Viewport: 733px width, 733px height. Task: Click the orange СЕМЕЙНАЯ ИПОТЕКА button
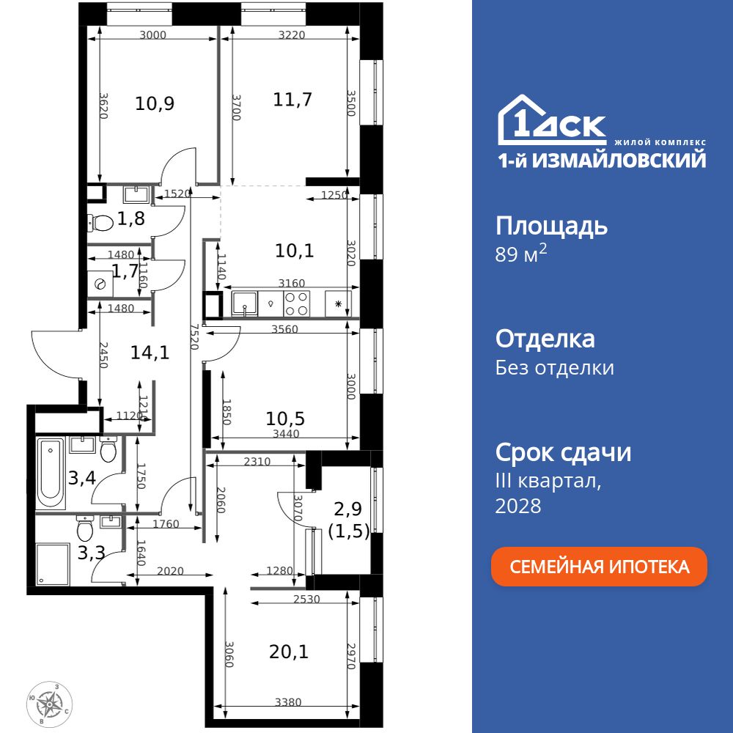pos(599,567)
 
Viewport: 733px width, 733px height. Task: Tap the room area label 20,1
pos(288,650)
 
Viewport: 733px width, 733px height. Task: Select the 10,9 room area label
pos(155,103)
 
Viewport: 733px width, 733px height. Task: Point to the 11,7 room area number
pos(292,99)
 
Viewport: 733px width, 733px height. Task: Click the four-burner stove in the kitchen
pos(296,303)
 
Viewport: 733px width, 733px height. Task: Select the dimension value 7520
pos(194,338)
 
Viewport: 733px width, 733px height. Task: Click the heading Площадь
pos(551,226)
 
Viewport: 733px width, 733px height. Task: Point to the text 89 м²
pos(521,255)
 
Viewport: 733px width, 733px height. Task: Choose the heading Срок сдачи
pos(563,452)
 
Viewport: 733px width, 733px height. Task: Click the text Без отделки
pos(554,367)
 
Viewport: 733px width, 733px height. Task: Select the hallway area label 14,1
pos(150,353)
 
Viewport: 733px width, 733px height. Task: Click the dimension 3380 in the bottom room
pos(288,702)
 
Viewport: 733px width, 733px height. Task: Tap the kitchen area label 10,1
pos(295,251)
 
